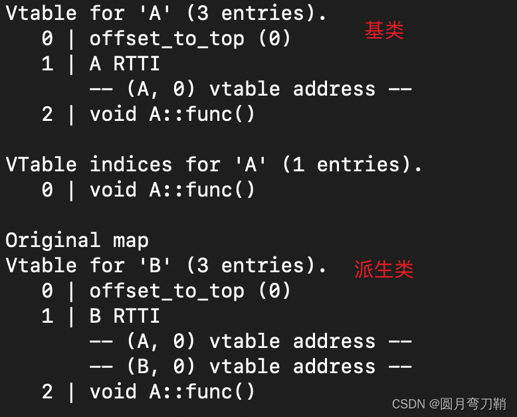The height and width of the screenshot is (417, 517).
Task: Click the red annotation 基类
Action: tap(384, 31)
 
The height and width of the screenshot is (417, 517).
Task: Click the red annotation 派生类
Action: tap(384, 269)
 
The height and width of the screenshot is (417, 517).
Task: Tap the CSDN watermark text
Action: tap(449, 404)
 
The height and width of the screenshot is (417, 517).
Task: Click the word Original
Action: tap(52, 241)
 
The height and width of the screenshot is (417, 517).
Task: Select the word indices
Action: tap(131, 164)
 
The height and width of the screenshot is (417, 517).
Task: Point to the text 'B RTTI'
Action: tap(125, 315)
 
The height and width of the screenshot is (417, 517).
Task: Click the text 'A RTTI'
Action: tap(125, 63)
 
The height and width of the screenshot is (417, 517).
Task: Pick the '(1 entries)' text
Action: tap(352, 164)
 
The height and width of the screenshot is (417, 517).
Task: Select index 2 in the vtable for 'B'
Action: tap(47, 392)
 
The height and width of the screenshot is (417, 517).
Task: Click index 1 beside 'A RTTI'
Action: tap(47, 63)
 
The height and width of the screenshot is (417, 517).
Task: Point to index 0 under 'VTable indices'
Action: tap(47, 190)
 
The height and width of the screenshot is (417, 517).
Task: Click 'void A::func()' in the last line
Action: tap(172, 392)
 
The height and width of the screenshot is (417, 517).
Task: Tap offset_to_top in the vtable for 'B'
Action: tap(167, 291)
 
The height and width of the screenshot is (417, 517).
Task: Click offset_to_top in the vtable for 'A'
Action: tap(167, 39)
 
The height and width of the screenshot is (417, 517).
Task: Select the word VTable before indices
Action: tap(41, 164)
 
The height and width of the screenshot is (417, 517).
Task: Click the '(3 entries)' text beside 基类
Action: tap(257, 13)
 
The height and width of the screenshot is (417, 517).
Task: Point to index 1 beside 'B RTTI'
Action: tap(47, 315)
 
